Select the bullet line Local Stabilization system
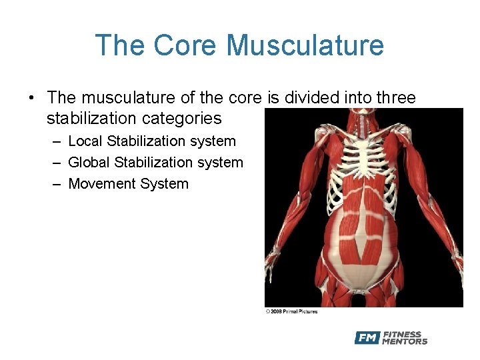152,141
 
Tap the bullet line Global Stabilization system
155,163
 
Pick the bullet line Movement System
128,184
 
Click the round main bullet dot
31,99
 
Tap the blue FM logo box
367,338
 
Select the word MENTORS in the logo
405,342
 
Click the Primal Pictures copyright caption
291,311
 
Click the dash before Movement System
56,184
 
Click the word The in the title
120,45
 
